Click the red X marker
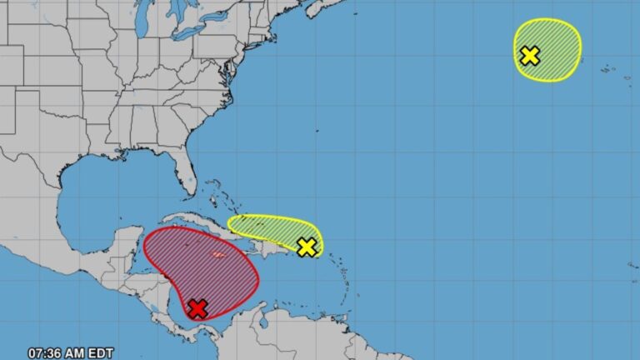[197, 309]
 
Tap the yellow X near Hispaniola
[307, 247]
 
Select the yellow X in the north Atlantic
[530, 56]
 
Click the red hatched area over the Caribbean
[200, 267]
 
